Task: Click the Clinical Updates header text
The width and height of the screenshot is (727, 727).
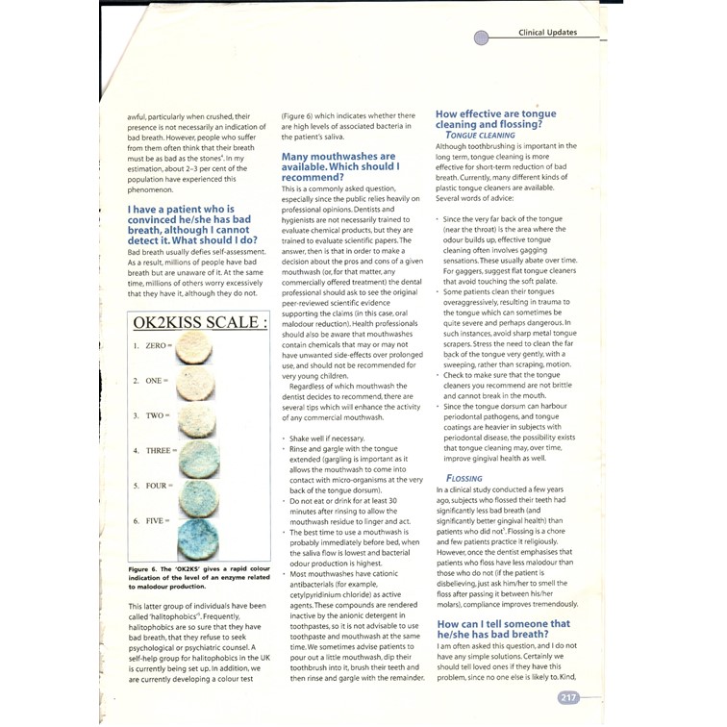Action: [x=547, y=33]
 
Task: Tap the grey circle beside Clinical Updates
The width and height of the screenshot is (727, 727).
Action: [x=482, y=38]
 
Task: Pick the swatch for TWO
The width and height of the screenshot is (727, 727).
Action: [x=199, y=417]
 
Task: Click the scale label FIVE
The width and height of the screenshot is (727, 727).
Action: [x=156, y=520]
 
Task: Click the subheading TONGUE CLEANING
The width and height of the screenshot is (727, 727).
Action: [x=480, y=136]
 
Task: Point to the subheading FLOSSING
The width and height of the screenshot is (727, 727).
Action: [x=464, y=478]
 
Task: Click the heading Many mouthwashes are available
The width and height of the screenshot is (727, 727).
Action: [x=338, y=166]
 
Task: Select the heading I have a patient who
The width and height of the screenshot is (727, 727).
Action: [x=192, y=224]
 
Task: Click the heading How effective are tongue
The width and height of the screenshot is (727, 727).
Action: [x=495, y=118]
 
